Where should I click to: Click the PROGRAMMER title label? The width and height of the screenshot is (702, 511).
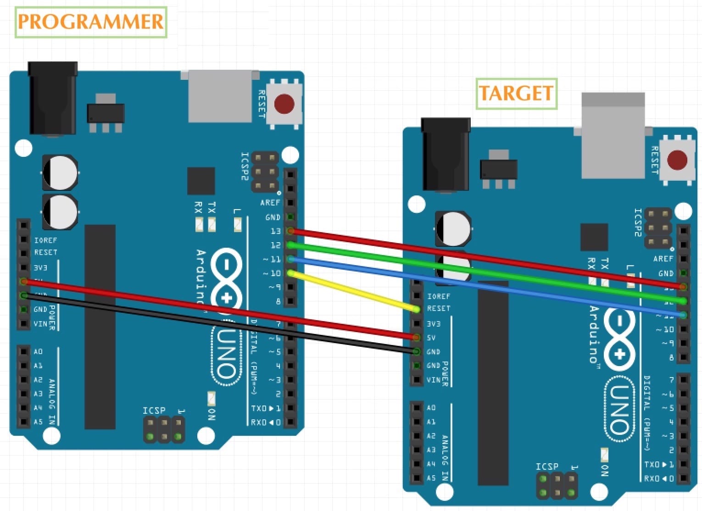90,22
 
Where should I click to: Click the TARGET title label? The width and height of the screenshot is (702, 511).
516,94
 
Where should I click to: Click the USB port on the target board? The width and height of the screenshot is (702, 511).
613,135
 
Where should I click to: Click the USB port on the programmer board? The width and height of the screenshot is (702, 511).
220,96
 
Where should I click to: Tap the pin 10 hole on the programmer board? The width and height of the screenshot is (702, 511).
290,273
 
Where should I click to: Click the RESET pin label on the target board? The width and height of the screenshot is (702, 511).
439,309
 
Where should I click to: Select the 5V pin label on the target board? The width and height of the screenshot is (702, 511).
431,338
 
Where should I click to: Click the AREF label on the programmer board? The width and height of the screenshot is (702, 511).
270,202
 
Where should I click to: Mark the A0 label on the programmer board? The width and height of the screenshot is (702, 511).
38,351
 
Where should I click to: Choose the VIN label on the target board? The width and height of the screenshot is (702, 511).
433,380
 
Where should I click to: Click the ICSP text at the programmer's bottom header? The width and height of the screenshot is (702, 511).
154,410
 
